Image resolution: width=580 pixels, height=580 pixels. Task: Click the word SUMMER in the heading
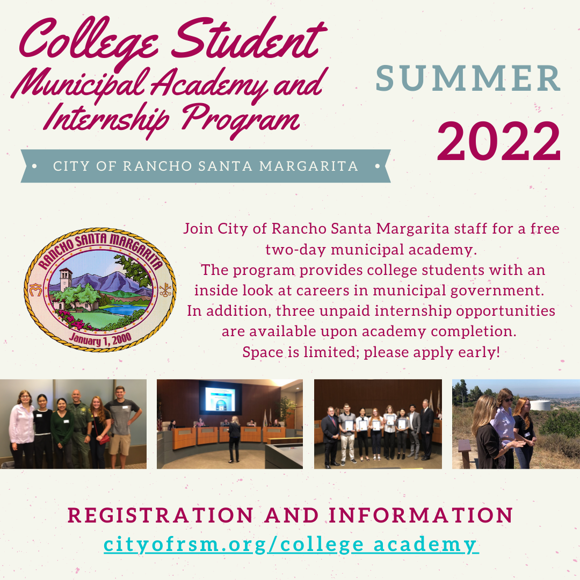click(468, 78)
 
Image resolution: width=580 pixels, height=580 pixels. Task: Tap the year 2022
click(498, 142)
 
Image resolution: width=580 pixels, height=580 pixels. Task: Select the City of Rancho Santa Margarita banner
click(205, 166)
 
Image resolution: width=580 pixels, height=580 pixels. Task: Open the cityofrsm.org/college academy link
click(291, 544)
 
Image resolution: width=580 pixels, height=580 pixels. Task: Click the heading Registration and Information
click(291, 515)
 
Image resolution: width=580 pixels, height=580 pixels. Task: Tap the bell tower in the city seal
click(66, 280)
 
